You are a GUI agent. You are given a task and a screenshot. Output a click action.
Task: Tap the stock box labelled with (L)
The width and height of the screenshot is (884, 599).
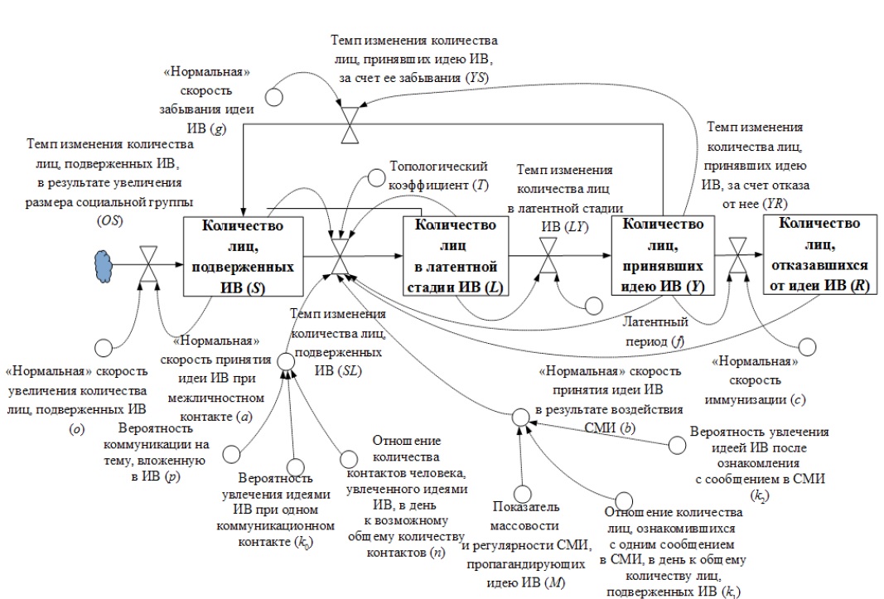point(455,257)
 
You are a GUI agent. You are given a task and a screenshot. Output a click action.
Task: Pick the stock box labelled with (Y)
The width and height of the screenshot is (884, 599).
point(664,257)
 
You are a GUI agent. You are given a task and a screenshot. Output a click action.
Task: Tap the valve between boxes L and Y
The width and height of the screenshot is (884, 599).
point(549,258)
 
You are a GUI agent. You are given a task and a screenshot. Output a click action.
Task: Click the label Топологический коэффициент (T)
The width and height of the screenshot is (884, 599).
point(439,175)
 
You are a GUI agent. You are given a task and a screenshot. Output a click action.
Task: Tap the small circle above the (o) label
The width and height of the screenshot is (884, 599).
point(104,345)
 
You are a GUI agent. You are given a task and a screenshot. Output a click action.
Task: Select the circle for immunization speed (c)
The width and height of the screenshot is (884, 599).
point(807,345)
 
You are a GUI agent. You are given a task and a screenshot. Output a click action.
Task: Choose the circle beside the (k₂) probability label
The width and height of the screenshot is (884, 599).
point(678,446)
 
